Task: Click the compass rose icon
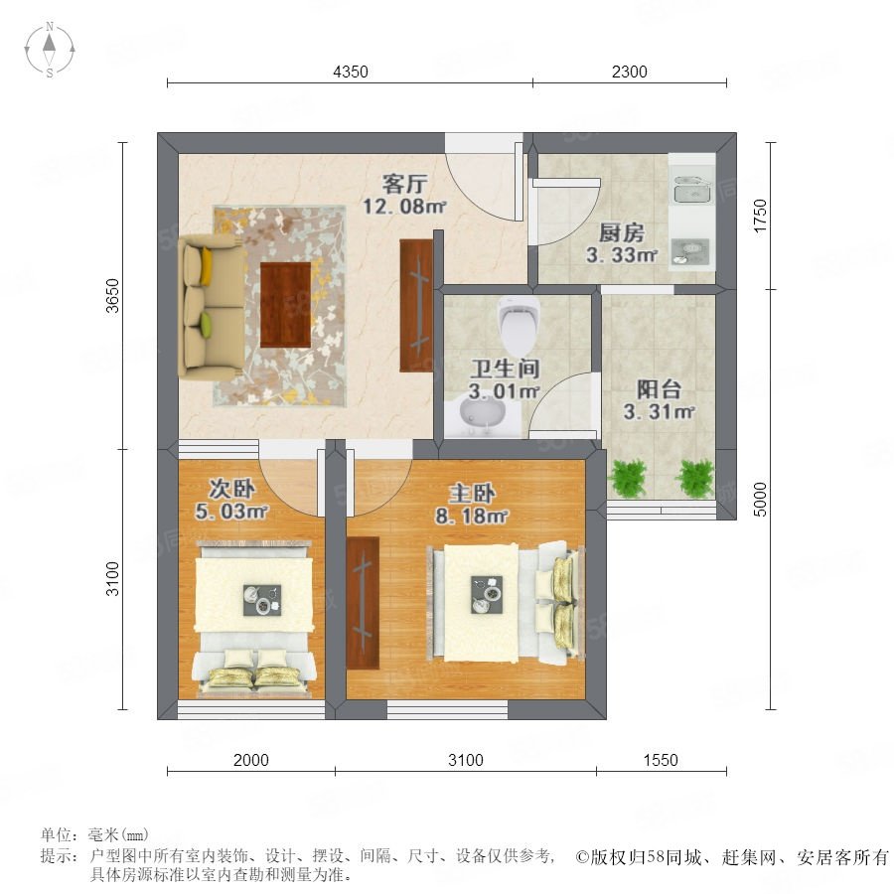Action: click(x=50, y=49)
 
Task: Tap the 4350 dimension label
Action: click(x=351, y=72)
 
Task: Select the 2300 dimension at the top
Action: click(x=630, y=72)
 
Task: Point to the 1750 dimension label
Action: click(x=761, y=216)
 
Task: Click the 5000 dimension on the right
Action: click(x=761, y=500)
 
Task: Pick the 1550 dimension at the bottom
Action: click(x=661, y=760)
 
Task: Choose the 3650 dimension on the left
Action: click(x=113, y=295)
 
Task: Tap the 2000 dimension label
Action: click(x=251, y=760)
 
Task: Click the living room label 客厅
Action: click(x=405, y=184)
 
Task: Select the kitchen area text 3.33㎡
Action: click(x=622, y=255)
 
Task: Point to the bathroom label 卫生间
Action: click(x=505, y=369)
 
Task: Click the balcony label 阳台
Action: click(x=660, y=389)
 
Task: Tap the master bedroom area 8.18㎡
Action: click(x=472, y=517)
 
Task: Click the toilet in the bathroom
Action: click(x=519, y=324)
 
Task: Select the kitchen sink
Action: click(x=691, y=189)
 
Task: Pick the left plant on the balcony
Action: click(x=629, y=477)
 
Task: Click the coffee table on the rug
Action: click(x=286, y=305)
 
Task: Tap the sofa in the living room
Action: click(x=208, y=309)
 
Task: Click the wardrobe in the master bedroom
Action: click(x=363, y=603)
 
